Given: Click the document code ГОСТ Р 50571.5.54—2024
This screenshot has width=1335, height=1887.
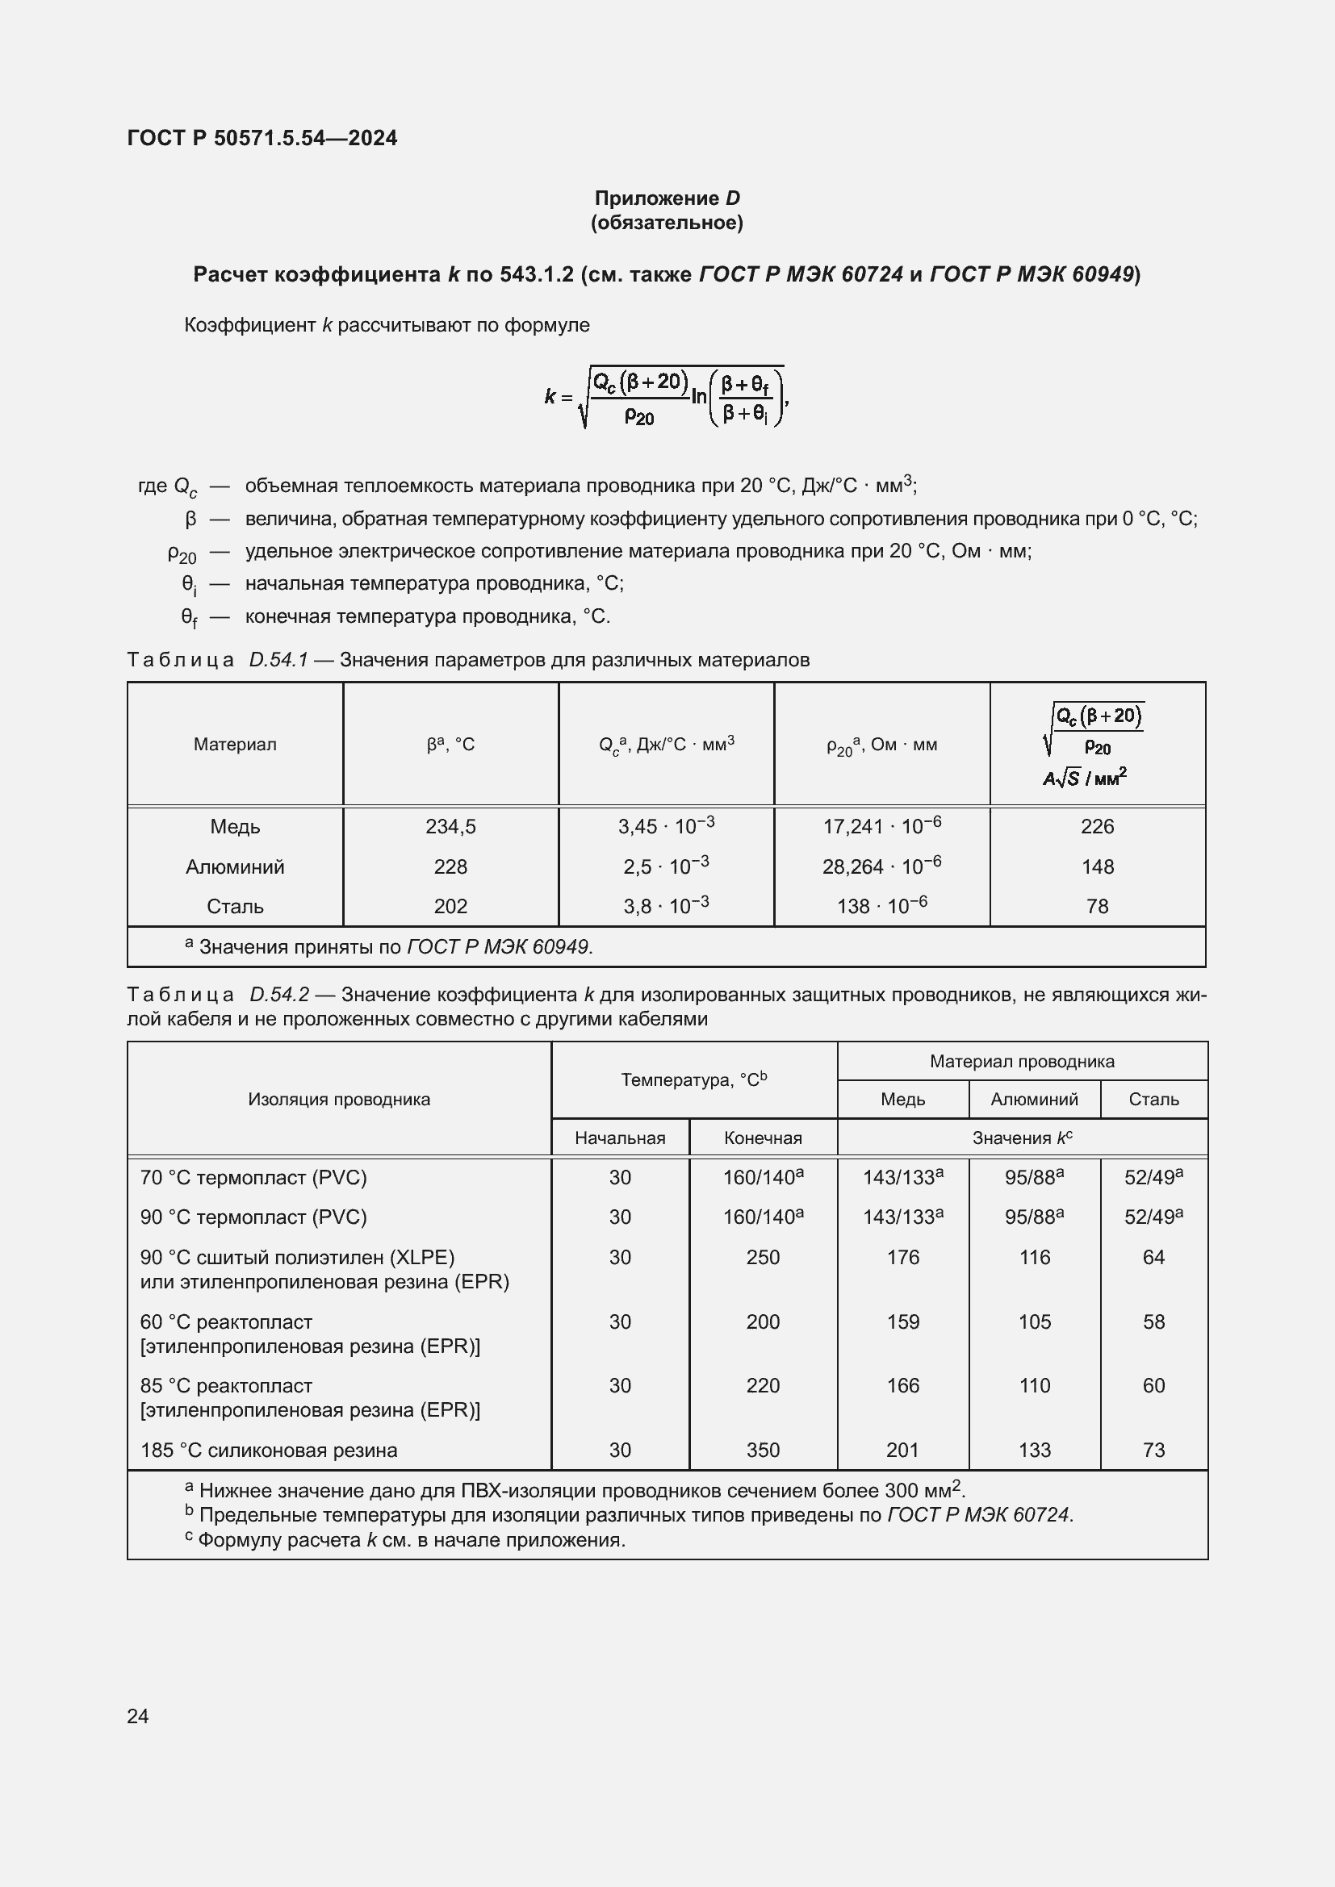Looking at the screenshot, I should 262,138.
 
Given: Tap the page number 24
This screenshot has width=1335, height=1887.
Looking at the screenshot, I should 138,1715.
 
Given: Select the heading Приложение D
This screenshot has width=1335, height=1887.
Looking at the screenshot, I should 667,198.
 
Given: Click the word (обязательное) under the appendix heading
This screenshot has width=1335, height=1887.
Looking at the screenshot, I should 667,223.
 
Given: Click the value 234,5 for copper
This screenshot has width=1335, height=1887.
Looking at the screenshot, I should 450,827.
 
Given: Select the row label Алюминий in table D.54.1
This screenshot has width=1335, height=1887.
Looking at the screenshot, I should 235,866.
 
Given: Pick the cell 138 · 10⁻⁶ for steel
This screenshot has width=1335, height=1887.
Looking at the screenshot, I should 881,906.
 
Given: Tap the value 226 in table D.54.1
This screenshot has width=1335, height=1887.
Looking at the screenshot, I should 1098,827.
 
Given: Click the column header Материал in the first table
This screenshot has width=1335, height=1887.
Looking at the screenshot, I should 235,745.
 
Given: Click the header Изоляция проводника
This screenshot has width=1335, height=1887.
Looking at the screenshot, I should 339,1100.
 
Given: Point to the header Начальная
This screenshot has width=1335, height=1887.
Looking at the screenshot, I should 620,1138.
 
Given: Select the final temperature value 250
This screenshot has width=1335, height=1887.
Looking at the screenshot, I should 763,1258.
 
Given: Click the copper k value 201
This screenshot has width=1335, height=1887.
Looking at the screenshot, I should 902,1451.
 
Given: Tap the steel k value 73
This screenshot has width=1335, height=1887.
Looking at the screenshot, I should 1153,1451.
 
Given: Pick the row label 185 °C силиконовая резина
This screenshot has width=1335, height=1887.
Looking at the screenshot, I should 269,1451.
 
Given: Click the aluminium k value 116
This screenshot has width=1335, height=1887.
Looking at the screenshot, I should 1034,1258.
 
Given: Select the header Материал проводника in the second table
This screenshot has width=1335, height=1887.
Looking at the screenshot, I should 1022,1061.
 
